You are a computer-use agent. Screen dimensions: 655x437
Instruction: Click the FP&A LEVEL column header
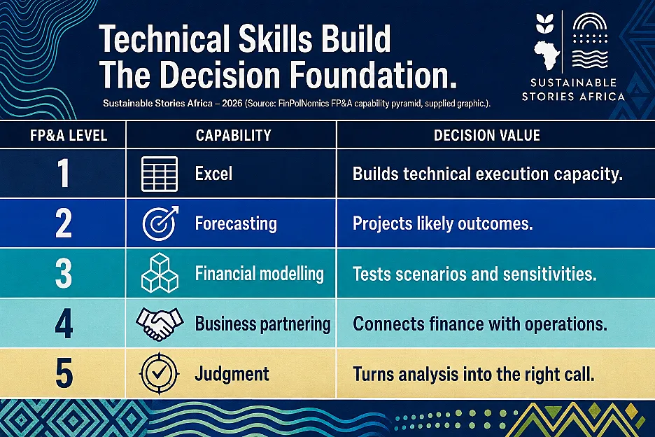69,135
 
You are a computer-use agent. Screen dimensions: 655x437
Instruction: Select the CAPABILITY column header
234,135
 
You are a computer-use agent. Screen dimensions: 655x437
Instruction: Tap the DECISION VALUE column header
486,135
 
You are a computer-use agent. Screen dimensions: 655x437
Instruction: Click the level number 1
63,174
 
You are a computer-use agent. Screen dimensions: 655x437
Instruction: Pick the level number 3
64,274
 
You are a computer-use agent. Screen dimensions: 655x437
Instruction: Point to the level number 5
64,373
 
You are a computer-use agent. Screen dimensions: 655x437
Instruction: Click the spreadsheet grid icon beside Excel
160,174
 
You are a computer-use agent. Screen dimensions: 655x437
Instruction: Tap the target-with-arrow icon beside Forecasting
160,223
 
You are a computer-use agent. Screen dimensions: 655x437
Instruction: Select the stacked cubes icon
160,272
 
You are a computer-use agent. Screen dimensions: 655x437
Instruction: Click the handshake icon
160,324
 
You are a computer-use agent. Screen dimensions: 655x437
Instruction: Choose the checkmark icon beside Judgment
159,373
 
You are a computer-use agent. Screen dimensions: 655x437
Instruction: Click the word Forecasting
236,223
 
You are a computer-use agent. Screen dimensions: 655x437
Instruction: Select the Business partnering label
262,324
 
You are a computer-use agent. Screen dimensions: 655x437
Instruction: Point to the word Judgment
232,374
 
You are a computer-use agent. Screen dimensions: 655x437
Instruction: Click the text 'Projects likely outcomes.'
443,223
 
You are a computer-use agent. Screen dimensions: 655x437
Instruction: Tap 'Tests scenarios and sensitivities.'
474,274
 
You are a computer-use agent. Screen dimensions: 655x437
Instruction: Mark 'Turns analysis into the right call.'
473,374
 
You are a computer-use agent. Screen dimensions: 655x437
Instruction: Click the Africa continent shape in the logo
547,55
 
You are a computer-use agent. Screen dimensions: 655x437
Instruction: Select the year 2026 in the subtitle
232,103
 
